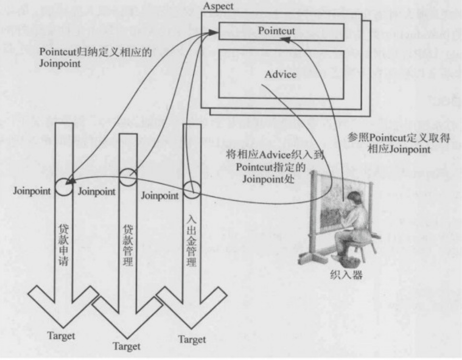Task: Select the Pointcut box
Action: (x=282, y=31)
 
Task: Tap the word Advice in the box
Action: (x=280, y=74)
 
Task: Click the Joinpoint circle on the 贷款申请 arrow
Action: (x=64, y=186)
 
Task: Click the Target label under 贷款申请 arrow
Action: (x=61, y=335)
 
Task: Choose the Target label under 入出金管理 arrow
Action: (x=192, y=339)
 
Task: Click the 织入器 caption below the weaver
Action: (x=345, y=275)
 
